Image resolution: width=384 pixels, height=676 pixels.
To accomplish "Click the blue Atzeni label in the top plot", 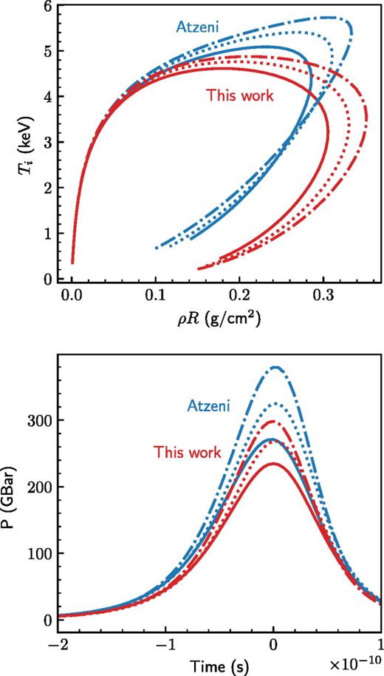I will point(199,27).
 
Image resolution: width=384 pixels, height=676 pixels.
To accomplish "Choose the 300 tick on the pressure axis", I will point(35,420).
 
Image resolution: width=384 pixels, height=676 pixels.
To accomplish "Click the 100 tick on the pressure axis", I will point(35,554).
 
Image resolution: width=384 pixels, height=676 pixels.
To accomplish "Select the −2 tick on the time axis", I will point(55,645).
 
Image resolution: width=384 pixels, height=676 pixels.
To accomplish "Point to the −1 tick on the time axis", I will point(164,645).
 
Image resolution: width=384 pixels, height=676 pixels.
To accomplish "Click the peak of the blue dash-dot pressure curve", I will point(276,367).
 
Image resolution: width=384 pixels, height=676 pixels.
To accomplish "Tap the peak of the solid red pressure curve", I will point(272,464).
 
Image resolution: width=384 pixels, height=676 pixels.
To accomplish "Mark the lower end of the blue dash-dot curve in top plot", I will point(157,248).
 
